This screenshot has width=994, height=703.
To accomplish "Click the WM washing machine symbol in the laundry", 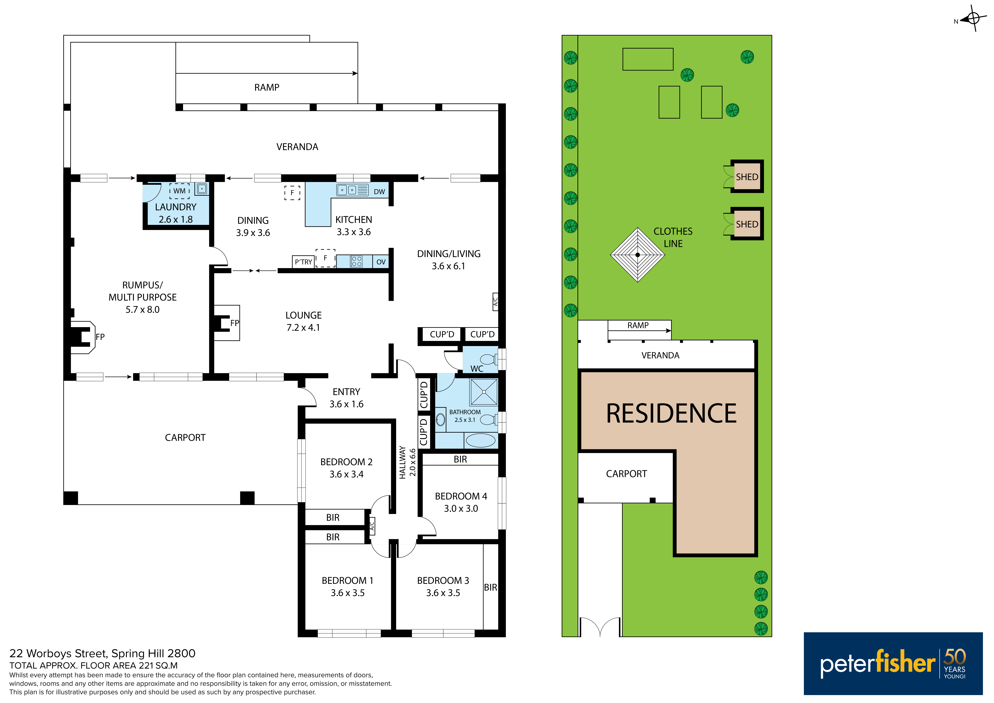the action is pos(179,191).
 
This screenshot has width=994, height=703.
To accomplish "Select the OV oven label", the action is pos(381,262).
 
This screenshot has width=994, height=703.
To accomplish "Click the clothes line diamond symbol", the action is pos(637,255).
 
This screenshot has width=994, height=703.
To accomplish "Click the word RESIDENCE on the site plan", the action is pos(671,414).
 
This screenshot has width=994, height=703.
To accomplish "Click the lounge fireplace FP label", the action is pos(235,323).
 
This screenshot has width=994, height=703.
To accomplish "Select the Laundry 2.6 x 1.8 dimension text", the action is pos(176,220).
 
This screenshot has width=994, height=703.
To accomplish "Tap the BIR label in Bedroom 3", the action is pos(490,587).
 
